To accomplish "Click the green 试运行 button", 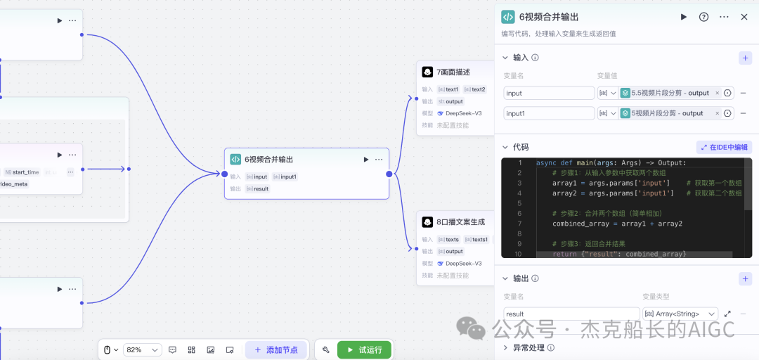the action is [x=364, y=349].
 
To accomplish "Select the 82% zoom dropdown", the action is [x=142, y=349].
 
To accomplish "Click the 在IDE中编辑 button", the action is [x=724, y=147].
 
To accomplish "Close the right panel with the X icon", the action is [x=744, y=17].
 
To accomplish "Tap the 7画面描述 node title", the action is [x=453, y=72].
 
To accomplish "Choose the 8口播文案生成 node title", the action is [x=460, y=221].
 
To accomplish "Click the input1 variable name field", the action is [x=549, y=113].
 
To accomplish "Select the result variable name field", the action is [x=570, y=314].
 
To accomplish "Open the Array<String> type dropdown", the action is [x=680, y=314].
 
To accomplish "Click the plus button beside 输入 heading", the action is [x=745, y=58].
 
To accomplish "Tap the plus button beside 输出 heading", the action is [x=745, y=279].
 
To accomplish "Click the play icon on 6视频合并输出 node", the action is [x=366, y=160].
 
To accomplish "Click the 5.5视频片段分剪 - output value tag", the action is [x=670, y=93].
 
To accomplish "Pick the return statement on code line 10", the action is [x=618, y=254].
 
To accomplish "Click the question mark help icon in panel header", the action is [x=703, y=17].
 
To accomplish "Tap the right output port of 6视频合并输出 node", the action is [x=389, y=174].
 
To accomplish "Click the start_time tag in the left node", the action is [x=25, y=172].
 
